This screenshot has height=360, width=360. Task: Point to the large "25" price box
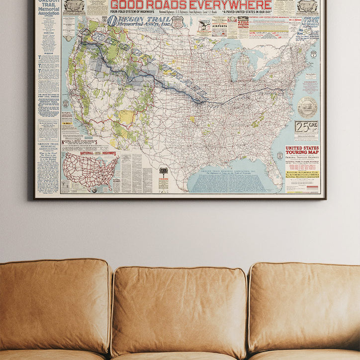point(306,127)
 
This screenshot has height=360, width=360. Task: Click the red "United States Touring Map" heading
point(302,151)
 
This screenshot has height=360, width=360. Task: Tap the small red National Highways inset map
point(90,171)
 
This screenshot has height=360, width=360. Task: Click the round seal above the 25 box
point(307,106)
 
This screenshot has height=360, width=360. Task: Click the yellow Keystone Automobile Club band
point(302,175)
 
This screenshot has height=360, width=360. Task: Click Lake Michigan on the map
point(234,65)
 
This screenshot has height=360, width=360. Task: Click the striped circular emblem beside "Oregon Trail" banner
point(112,21)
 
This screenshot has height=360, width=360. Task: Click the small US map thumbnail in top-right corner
point(307,6)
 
